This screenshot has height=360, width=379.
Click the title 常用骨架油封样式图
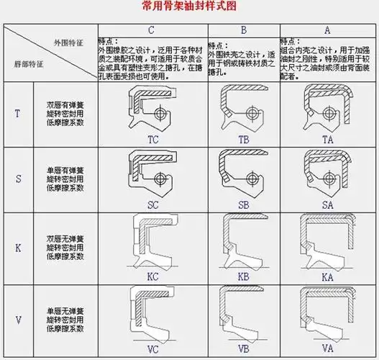[188, 8]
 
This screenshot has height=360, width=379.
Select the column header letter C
[152, 30]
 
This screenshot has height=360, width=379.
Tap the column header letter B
[243, 30]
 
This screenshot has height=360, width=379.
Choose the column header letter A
[327, 30]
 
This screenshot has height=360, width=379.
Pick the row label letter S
[18, 179]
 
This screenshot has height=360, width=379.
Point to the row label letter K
[18, 248]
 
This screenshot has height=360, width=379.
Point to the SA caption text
[328, 205]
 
